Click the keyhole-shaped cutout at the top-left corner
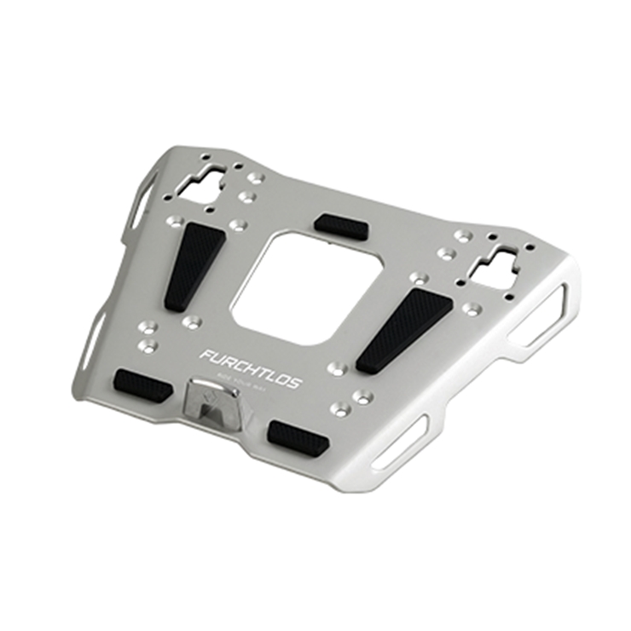click(205, 182)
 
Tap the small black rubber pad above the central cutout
click(341, 226)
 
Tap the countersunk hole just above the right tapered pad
click(418, 277)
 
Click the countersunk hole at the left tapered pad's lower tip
click(192, 321)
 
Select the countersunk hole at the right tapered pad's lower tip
click(338, 368)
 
